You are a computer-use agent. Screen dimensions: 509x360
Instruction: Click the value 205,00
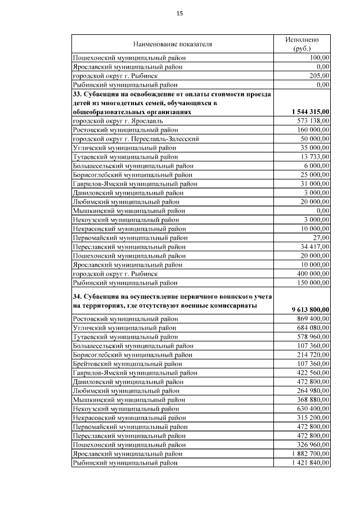(318, 75)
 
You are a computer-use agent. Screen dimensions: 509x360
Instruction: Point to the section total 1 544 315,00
(308, 112)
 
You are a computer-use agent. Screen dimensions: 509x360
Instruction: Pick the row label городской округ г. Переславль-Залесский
(136, 138)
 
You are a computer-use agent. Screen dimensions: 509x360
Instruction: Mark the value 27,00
(320, 237)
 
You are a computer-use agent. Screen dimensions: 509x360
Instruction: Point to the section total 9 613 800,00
(310, 309)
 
